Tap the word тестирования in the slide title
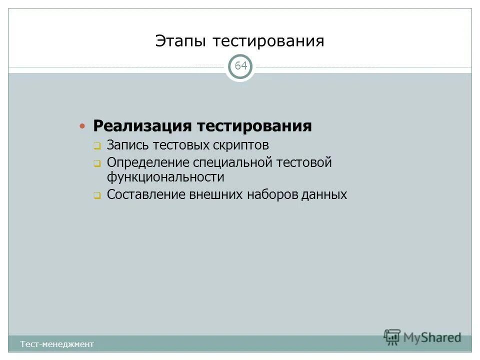point(268,41)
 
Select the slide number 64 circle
point(240,66)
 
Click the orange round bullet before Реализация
point(83,125)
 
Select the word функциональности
point(165,177)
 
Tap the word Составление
point(146,194)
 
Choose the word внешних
point(214,194)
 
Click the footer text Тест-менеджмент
point(57,344)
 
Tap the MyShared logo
point(423,337)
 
